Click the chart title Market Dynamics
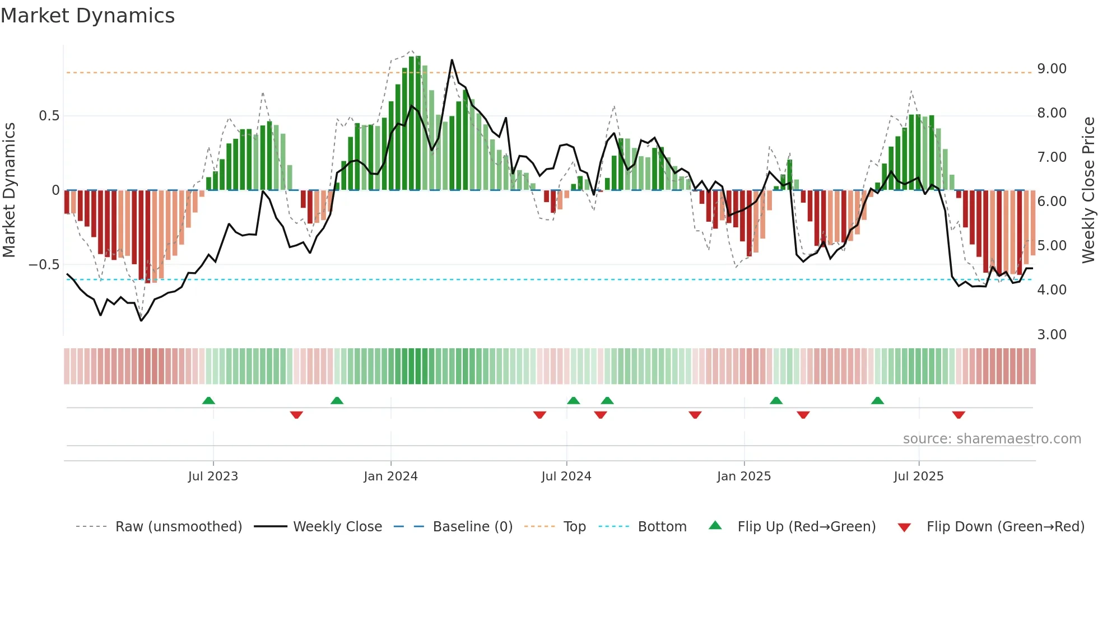pyautogui.click(x=87, y=16)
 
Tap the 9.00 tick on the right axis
pyautogui.click(x=1052, y=69)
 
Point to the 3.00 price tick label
pyautogui.click(x=1052, y=335)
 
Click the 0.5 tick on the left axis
pyautogui.click(x=49, y=116)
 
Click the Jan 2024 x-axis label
pyautogui.click(x=390, y=476)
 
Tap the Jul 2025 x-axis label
pyautogui.click(x=918, y=476)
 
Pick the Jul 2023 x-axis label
pyautogui.click(x=213, y=476)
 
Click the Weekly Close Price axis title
pyautogui.click(x=1088, y=190)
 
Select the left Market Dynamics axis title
pyautogui.click(x=9, y=190)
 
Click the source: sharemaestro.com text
pyautogui.click(x=992, y=439)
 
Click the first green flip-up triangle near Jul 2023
pyautogui.click(x=208, y=401)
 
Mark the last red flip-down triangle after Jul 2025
pyautogui.click(x=959, y=415)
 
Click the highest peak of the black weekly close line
pyautogui.click(x=452, y=60)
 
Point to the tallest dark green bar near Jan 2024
pyautogui.click(x=412, y=123)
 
